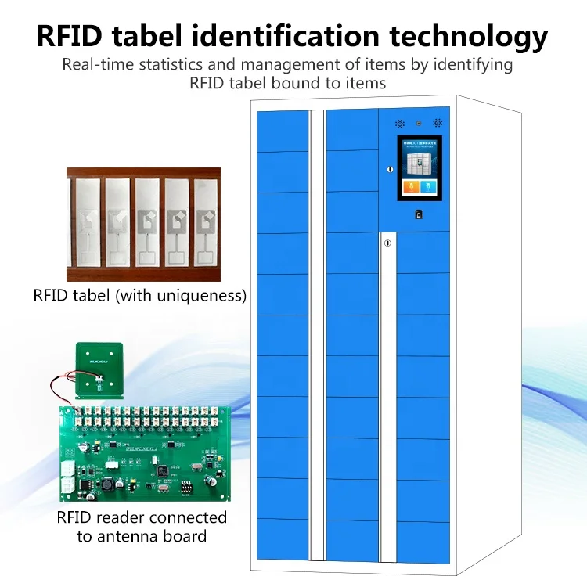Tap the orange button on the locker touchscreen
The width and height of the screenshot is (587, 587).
click(x=409, y=188)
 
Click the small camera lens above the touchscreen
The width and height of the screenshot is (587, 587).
click(x=419, y=123)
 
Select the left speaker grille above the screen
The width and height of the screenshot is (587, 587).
click(x=398, y=123)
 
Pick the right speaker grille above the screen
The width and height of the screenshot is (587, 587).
click(x=438, y=123)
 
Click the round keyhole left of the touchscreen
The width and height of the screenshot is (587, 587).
click(x=389, y=168)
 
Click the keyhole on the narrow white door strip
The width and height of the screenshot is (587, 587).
click(x=387, y=243)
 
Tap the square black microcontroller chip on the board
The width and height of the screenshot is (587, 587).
click(x=162, y=471)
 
